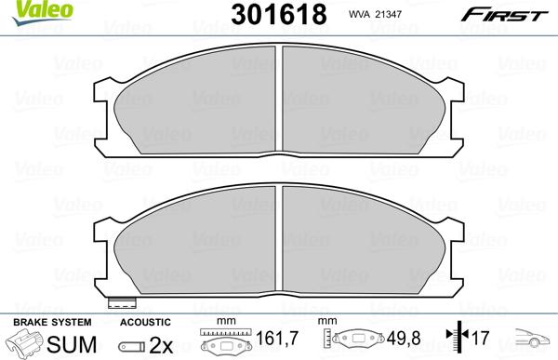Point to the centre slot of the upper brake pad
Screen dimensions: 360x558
281,100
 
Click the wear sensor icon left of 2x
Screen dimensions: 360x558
130,343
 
